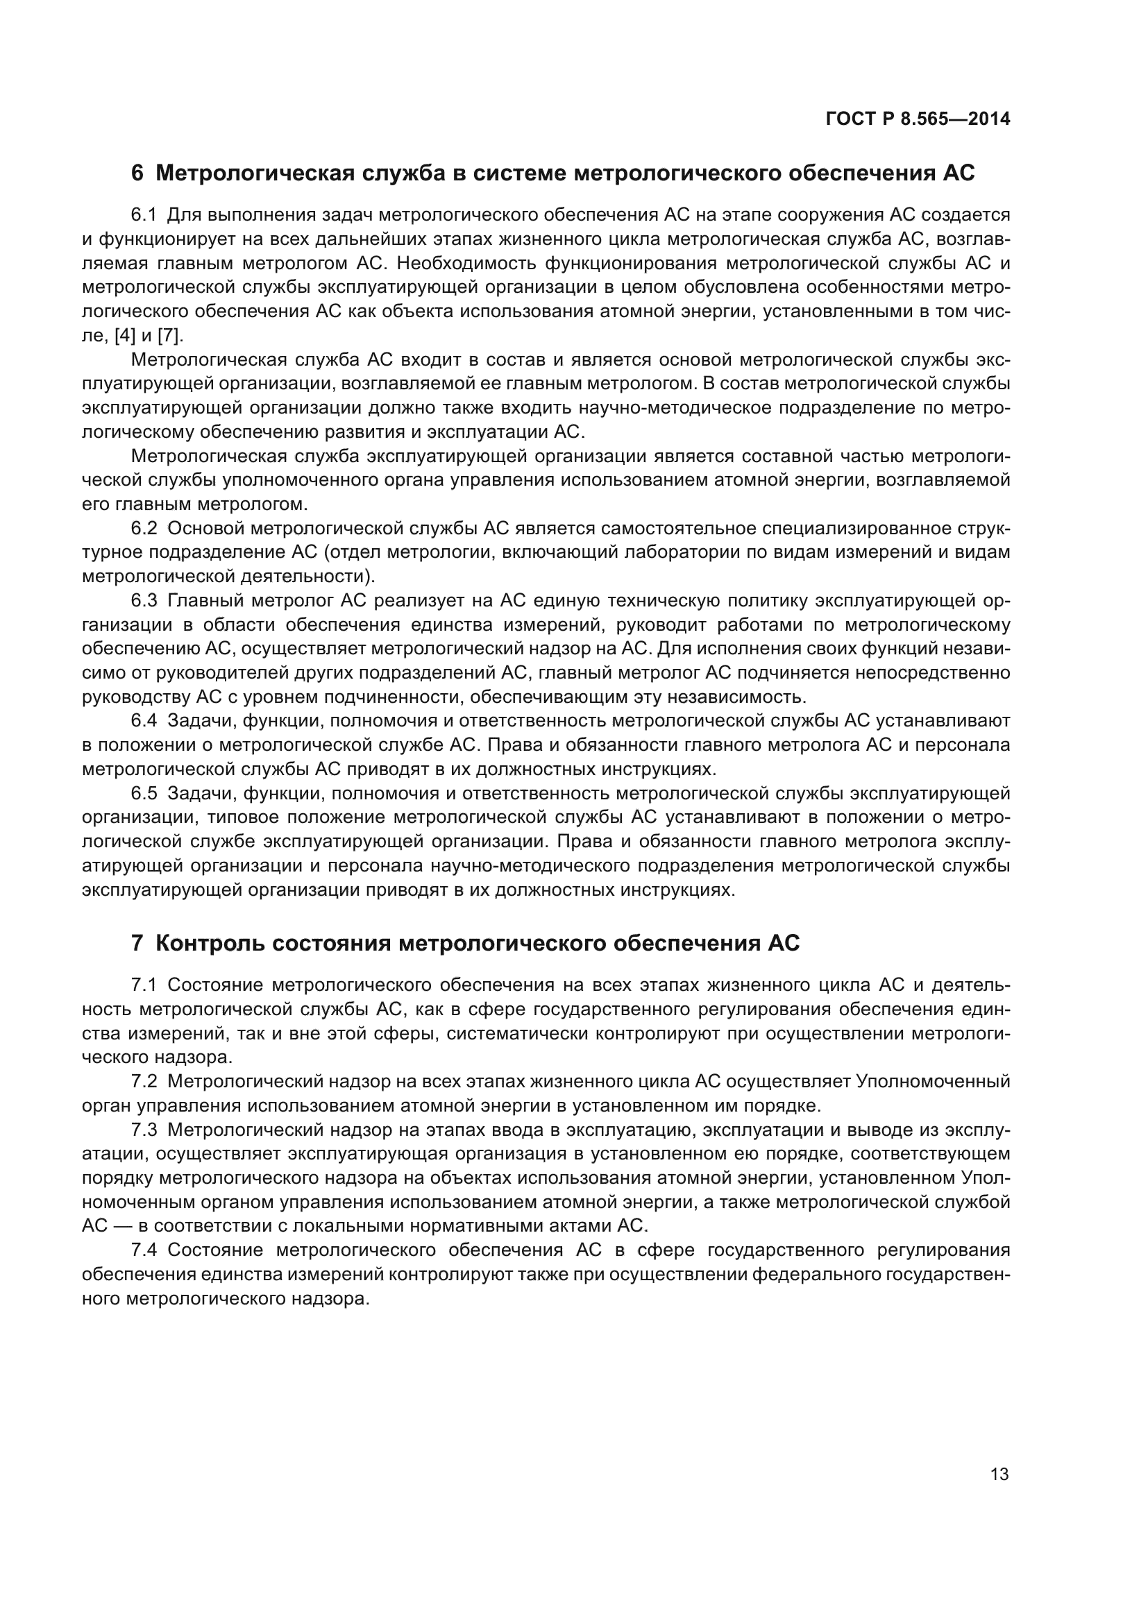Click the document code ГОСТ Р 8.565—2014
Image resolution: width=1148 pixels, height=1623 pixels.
(x=917, y=119)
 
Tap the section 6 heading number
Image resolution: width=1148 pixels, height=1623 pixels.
(x=137, y=173)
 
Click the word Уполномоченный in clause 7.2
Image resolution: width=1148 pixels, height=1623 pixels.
(x=932, y=1081)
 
